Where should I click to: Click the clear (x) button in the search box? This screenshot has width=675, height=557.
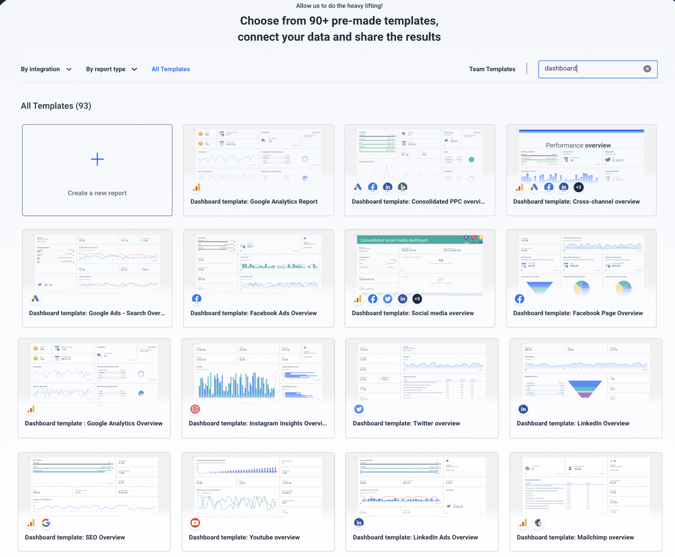click(x=647, y=69)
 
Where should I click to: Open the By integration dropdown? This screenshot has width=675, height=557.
click(x=46, y=69)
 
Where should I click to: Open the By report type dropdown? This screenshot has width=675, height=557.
click(x=111, y=69)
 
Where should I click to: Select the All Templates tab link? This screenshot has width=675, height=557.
click(x=170, y=69)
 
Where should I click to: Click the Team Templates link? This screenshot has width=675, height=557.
click(x=492, y=69)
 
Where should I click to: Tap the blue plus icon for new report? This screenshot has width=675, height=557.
click(x=97, y=159)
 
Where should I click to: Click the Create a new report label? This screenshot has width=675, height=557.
click(x=97, y=193)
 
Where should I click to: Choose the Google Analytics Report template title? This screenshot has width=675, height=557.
click(x=254, y=202)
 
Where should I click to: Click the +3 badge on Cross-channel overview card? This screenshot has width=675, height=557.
click(x=579, y=187)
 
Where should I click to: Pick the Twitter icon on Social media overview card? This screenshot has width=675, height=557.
click(x=388, y=299)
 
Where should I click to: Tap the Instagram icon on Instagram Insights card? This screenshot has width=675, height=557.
click(x=195, y=409)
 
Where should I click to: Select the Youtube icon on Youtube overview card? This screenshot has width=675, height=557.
click(x=195, y=523)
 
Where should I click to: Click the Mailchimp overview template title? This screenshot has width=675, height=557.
click(x=575, y=537)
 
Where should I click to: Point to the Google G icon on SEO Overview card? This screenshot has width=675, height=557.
click(x=46, y=523)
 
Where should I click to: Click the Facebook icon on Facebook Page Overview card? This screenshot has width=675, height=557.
click(x=519, y=299)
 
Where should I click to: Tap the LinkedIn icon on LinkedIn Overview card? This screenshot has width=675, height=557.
click(x=523, y=409)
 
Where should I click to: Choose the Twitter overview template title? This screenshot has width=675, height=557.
click(x=406, y=423)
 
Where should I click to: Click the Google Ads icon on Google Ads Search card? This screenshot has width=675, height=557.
click(x=35, y=299)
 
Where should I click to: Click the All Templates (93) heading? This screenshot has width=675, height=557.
click(x=56, y=106)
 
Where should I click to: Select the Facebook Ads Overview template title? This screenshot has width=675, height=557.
click(x=253, y=313)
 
